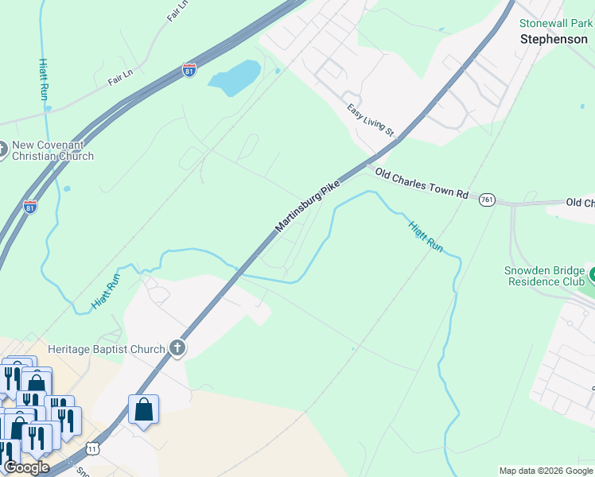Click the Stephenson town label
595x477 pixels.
(x=554, y=38)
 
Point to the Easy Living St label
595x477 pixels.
(x=371, y=119)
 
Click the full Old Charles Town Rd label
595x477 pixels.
(x=422, y=183)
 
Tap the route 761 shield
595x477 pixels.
(x=488, y=200)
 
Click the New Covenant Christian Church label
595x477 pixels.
(x=52, y=150)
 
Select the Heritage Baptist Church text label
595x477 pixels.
(x=106, y=348)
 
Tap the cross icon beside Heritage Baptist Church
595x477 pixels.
(x=177, y=348)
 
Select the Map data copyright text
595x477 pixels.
(x=546, y=471)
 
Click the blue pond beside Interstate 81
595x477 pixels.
(x=233, y=77)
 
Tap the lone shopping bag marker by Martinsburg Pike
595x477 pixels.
(x=143, y=411)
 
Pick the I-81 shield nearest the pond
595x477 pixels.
(x=189, y=71)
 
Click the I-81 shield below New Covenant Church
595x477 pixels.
(x=30, y=207)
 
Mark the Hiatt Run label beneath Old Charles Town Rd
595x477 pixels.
(x=426, y=237)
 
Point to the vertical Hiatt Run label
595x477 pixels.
(x=44, y=78)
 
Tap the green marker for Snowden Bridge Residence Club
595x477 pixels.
(x=592, y=275)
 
